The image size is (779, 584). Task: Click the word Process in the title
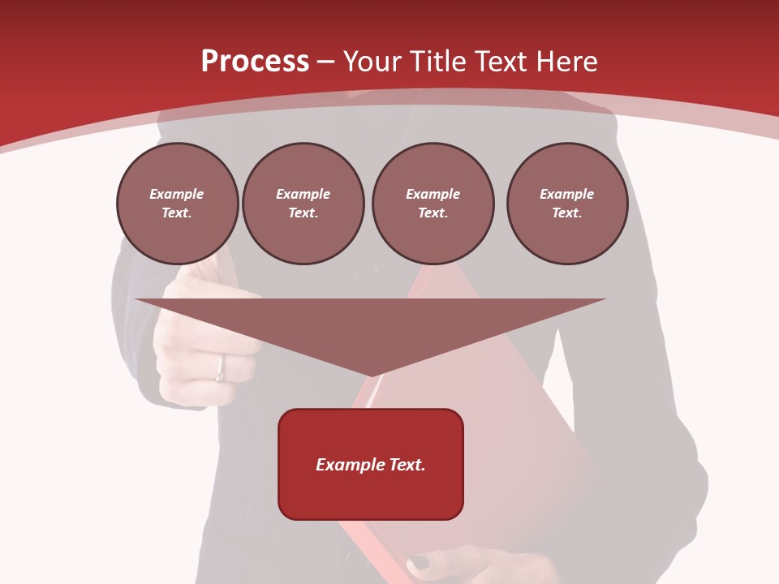pyautogui.click(x=255, y=62)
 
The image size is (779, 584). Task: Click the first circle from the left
pyautogui.click(x=178, y=204)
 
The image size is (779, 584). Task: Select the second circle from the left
pyautogui.click(x=303, y=204)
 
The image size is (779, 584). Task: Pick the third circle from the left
pyautogui.click(x=433, y=204)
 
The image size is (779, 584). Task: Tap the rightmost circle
pyautogui.click(x=567, y=204)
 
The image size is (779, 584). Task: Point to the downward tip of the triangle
pyautogui.click(x=371, y=375)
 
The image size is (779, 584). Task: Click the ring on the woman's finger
pyautogui.click(x=220, y=369)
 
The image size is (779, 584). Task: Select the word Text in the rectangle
pyautogui.click(x=407, y=465)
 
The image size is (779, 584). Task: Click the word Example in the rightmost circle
pyautogui.click(x=567, y=194)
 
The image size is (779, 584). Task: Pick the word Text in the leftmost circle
pyautogui.click(x=176, y=213)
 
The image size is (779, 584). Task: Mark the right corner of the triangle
pyautogui.click(x=604, y=300)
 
